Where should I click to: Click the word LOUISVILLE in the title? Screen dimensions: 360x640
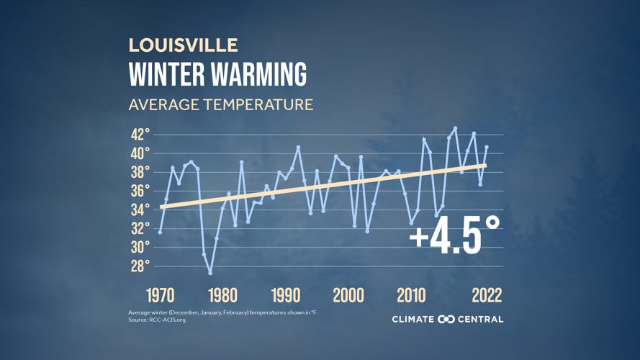[183, 45]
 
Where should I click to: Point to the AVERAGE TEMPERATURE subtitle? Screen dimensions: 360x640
[220, 104]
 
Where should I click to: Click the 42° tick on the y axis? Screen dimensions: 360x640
[140, 135]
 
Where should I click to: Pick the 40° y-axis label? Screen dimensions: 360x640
[140, 153]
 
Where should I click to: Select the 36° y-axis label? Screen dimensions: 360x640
[140, 191]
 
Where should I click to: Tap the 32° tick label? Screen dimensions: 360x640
[140, 228]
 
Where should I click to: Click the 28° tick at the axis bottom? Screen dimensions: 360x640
[140, 266]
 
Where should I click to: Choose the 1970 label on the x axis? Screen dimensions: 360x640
[161, 295]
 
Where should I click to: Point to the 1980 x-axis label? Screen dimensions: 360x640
[223, 295]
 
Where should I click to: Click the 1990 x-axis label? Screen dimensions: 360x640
[286, 295]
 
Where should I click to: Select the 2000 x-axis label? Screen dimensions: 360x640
[348, 295]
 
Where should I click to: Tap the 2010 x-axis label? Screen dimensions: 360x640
[411, 295]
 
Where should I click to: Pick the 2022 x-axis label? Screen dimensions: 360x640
[487, 295]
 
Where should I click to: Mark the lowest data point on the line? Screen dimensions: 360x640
[210, 273]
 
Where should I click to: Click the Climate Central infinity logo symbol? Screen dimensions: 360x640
[446, 319]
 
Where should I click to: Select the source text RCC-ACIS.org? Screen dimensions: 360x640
[168, 320]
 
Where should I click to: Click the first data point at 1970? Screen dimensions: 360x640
[160, 232]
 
